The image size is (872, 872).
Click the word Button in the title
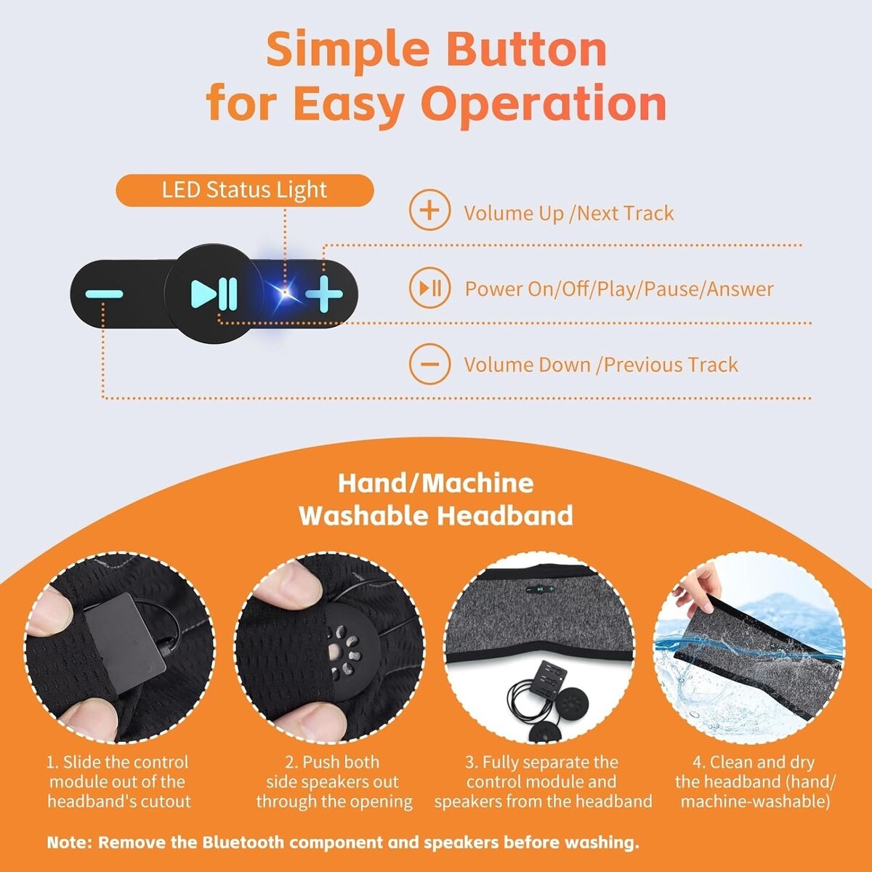pyautogui.click(x=529, y=49)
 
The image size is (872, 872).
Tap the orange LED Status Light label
pyautogui.click(x=245, y=190)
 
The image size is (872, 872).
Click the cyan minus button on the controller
pyautogui.click(x=104, y=294)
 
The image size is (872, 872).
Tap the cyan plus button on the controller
pyautogui.click(x=323, y=294)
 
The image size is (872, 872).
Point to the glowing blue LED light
pyautogui.click(x=285, y=292)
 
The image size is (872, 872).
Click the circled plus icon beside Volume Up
pyautogui.click(x=429, y=210)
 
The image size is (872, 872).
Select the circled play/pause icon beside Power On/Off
pyautogui.click(x=429, y=288)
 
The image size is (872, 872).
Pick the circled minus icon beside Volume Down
pyautogui.click(x=429, y=364)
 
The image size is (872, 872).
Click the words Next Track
pyautogui.click(x=626, y=213)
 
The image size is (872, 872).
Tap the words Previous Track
pyautogui.click(x=671, y=365)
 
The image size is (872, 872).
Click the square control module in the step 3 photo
pyautogui.click(x=548, y=681)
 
